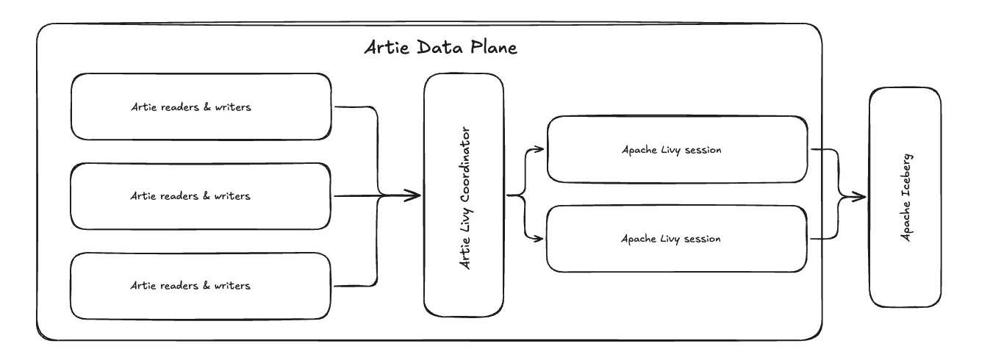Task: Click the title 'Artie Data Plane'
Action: [x=441, y=47]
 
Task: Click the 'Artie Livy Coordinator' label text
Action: [x=464, y=198]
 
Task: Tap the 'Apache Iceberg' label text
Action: [x=906, y=198]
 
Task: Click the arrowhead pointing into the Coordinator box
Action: [x=413, y=195]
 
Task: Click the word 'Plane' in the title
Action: [x=494, y=47]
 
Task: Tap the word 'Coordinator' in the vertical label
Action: [x=464, y=165]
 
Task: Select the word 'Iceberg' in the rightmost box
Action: [x=906, y=175]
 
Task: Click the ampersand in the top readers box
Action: [x=207, y=107]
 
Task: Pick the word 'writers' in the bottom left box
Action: [x=232, y=286]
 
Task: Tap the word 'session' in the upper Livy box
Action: [x=703, y=150]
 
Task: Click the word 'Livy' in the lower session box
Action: [x=670, y=239]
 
